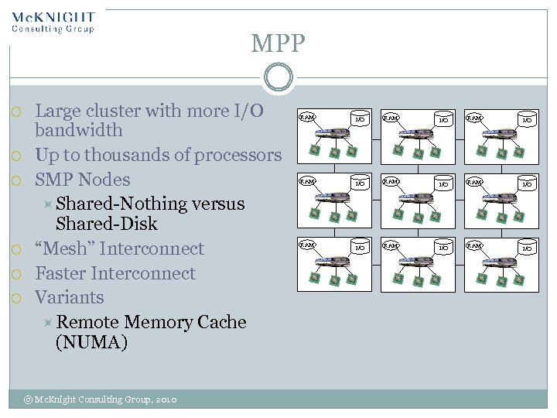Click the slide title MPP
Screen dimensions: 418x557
pyautogui.click(x=278, y=43)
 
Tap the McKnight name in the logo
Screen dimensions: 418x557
pyautogui.click(x=53, y=17)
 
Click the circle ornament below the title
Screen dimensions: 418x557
pyautogui.click(x=278, y=77)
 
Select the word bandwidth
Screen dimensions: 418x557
pyautogui.click(x=79, y=130)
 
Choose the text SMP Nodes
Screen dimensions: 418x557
pyautogui.click(x=83, y=180)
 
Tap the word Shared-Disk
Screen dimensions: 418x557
pyautogui.click(x=107, y=224)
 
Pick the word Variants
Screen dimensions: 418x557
pyautogui.click(x=70, y=298)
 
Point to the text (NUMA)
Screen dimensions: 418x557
pyautogui.click(x=91, y=342)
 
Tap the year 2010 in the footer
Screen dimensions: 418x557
pyautogui.click(x=166, y=399)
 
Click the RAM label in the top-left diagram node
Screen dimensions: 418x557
pyautogui.click(x=307, y=118)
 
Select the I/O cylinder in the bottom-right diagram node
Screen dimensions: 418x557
pyautogui.click(x=527, y=248)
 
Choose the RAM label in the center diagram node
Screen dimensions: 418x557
pyautogui.click(x=391, y=182)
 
